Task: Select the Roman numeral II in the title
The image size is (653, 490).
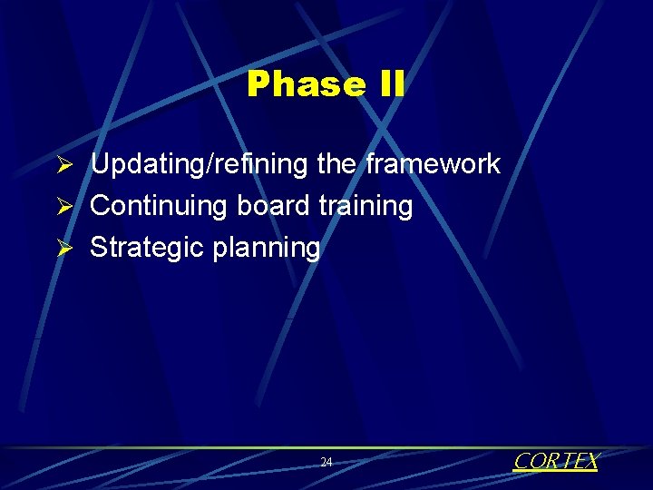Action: coord(387,84)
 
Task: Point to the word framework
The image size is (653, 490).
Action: coord(433,164)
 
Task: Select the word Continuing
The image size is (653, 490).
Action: coord(160,206)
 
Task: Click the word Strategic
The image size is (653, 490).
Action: coord(147,247)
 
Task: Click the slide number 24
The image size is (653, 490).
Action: coord(326,463)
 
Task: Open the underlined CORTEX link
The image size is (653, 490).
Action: coord(556,461)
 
